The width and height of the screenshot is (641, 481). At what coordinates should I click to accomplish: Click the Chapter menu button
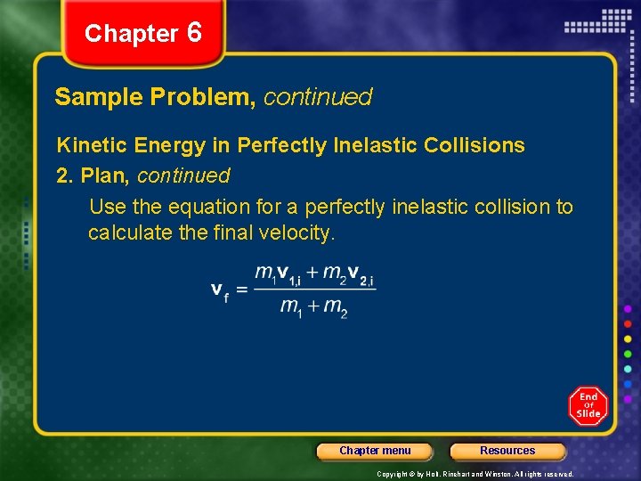(375, 451)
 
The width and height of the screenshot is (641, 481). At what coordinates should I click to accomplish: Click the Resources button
(507, 451)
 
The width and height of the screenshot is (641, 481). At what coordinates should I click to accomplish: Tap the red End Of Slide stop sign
(588, 406)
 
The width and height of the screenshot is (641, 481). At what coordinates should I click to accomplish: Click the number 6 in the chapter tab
(195, 33)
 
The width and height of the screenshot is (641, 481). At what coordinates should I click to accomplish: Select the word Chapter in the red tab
(132, 34)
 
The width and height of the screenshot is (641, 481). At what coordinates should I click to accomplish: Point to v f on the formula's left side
(219, 291)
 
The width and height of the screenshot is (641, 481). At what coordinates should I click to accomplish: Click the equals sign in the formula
(241, 290)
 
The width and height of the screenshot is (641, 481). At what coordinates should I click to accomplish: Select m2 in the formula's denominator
(336, 308)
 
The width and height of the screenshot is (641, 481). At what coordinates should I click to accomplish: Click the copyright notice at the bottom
(475, 474)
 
